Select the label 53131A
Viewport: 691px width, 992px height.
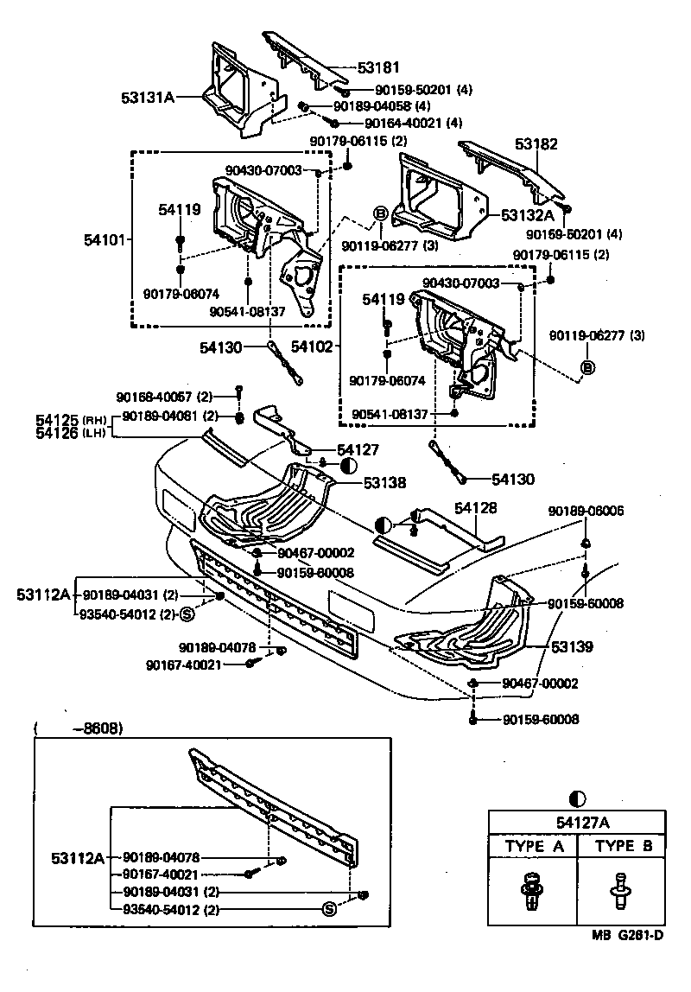click(x=148, y=98)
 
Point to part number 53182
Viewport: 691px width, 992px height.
click(x=537, y=145)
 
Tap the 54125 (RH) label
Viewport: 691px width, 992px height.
click(x=69, y=419)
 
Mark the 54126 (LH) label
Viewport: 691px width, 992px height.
click(x=69, y=433)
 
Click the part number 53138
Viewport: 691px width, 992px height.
click(x=384, y=483)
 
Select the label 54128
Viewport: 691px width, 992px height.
click(x=477, y=511)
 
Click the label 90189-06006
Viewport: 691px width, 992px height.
click(x=585, y=512)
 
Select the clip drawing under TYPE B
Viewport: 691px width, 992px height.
click(x=620, y=889)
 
